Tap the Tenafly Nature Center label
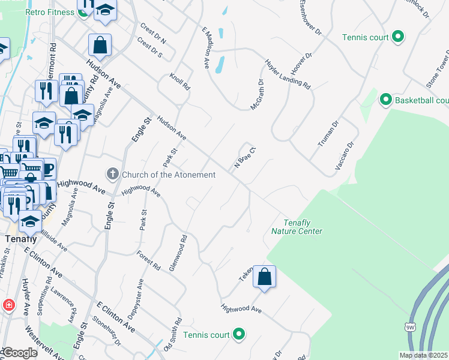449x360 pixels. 297,227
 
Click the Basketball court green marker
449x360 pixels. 385,100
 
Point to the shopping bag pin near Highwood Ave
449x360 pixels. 264,277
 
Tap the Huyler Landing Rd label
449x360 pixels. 288,74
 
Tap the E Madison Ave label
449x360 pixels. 206,47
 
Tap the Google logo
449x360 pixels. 20,353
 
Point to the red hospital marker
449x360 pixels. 8,305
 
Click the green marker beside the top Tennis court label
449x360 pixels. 397,37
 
